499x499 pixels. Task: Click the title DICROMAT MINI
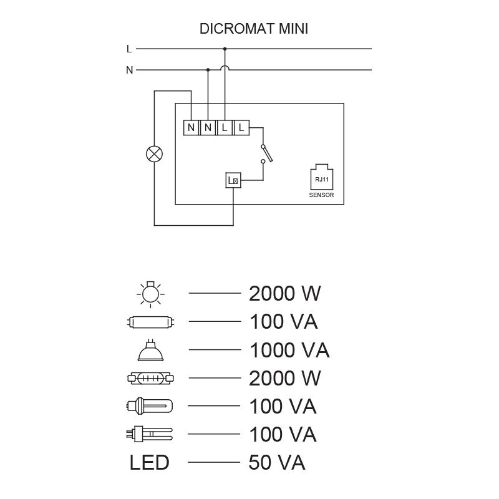254,29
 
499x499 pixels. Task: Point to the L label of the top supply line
129,48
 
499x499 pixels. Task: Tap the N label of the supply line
129,70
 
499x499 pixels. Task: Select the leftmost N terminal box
191,128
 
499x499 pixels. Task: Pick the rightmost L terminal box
241,128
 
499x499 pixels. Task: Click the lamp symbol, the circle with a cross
153,154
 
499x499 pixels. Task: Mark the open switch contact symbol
264,153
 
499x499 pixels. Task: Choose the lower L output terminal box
233,181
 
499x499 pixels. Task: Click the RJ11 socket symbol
321,177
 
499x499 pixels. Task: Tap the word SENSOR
321,195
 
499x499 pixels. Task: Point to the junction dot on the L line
225,48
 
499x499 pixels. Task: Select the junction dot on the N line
208,70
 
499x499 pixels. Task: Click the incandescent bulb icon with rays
149,293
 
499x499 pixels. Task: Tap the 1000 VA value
289,351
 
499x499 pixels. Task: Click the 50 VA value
276,463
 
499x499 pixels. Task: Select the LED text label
149,463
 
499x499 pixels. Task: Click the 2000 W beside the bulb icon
284,293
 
